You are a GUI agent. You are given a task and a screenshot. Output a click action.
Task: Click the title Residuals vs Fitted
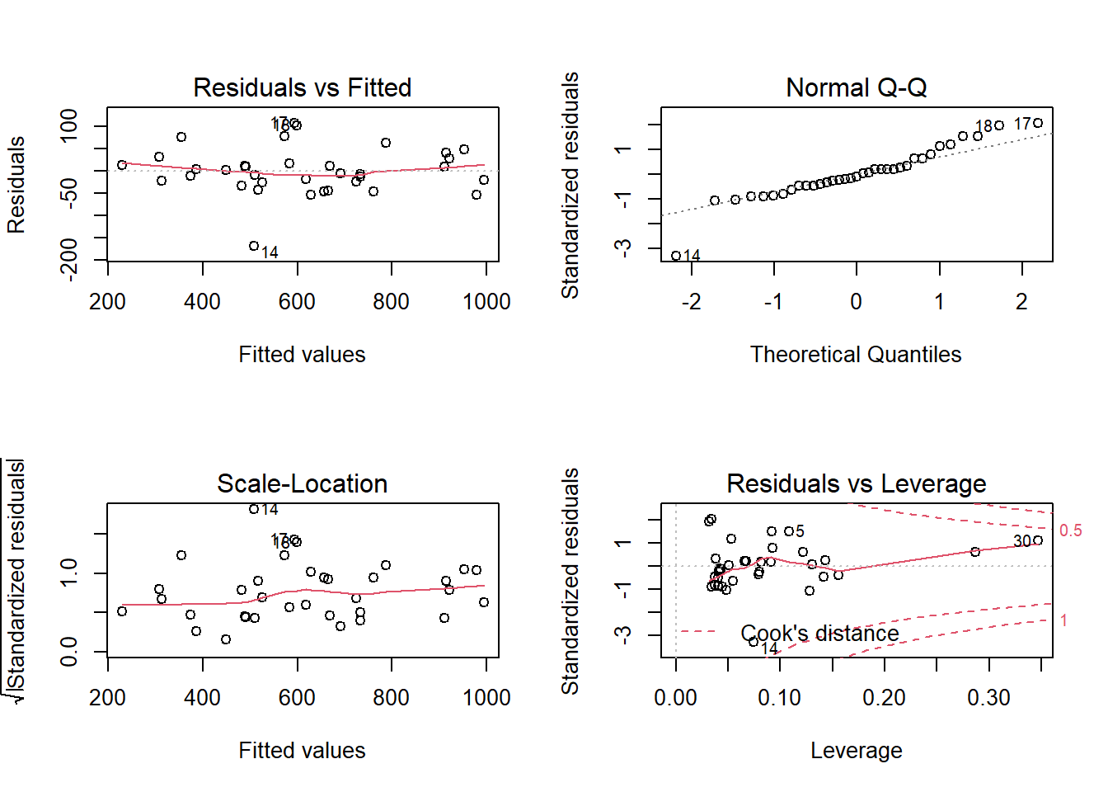[302, 87]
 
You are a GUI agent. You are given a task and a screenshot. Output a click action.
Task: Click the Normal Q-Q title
[856, 87]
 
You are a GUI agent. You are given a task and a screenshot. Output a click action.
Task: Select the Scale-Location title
[302, 483]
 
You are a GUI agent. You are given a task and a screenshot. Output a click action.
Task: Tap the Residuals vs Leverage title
[856, 483]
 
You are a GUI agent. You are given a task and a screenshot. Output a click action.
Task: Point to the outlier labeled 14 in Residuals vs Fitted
[254, 247]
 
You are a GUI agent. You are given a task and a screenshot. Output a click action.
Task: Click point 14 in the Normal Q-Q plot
[676, 256]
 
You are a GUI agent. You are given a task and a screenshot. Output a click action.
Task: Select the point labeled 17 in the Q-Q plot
[1038, 124]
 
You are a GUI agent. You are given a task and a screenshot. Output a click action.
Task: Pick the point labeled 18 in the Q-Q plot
[999, 125]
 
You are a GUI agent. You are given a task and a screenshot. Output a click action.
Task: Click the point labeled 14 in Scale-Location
[254, 509]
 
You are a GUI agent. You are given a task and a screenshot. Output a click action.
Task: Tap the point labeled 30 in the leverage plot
[1038, 540]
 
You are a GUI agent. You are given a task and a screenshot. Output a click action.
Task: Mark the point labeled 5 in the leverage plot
[788, 531]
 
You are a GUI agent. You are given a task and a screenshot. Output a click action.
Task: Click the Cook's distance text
[819, 634]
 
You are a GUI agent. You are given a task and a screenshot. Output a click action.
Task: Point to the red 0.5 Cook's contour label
[1070, 530]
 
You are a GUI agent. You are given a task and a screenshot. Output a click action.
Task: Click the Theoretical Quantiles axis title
[856, 355]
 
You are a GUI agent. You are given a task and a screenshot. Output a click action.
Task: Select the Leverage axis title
[856, 751]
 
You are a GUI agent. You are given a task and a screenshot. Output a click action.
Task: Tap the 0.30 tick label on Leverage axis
[988, 698]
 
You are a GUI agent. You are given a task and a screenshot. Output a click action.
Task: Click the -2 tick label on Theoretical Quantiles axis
[691, 302]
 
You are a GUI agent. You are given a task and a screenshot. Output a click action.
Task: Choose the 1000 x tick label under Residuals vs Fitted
[486, 302]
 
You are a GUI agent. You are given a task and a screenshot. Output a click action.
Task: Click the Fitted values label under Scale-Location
[302, 751]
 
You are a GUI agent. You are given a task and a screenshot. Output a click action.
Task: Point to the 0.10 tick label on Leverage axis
[779, 698]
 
